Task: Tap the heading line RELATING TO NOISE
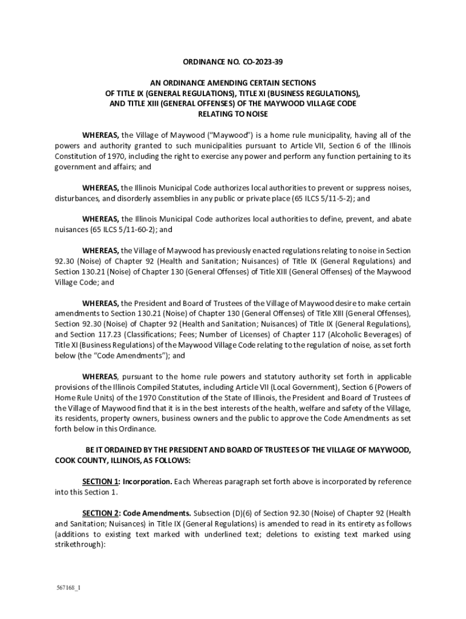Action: click(233, 114)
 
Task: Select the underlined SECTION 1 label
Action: click(100, 482)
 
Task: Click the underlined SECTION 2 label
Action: click(100, 513)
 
